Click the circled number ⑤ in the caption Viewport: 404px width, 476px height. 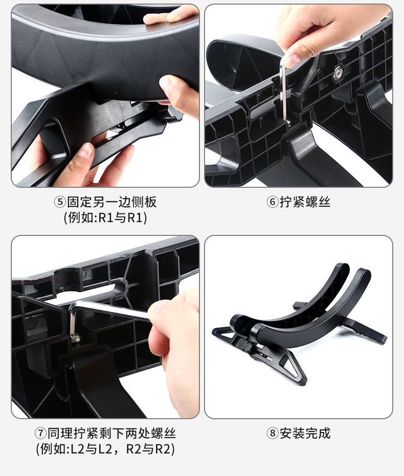(60, 202)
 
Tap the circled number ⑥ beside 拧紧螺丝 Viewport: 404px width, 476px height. (272, 202)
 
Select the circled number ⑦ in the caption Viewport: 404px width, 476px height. (40, 433)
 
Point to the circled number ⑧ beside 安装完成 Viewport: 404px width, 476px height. (272, 433)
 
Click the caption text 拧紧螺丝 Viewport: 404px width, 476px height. (305, 202)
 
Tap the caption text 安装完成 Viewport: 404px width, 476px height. (305, 433)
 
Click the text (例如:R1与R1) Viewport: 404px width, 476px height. (105, 218)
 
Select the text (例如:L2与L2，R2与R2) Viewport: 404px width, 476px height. (105, 449)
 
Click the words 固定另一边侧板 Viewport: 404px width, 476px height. (111, 202)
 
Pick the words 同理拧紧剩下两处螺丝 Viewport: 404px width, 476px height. (111, 433)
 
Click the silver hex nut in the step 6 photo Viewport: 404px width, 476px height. (338, 73)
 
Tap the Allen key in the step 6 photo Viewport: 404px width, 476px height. (284, 91)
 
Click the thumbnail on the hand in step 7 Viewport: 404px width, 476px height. (157, 307)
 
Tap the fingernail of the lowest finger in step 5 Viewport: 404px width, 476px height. (85, 150)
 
